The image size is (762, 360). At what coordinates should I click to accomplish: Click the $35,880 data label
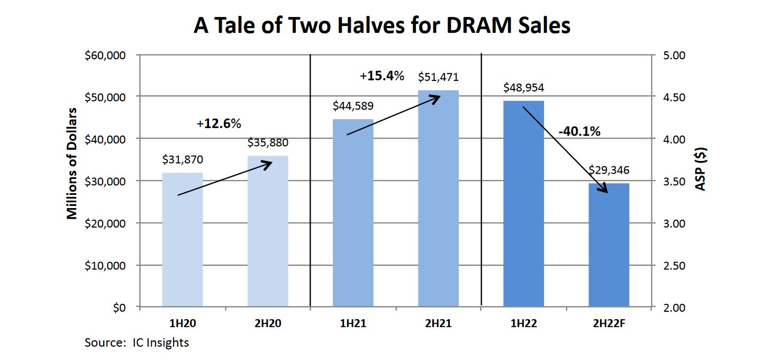[268, 143]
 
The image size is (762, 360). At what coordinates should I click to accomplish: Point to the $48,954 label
[524, 87]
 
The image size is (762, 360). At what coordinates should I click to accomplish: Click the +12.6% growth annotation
[219, 124]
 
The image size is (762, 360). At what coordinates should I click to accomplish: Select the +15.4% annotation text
[382, 76]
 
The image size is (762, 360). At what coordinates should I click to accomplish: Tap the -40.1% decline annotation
[579, 131]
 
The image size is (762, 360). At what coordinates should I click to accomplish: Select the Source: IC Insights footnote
[137, 343]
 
